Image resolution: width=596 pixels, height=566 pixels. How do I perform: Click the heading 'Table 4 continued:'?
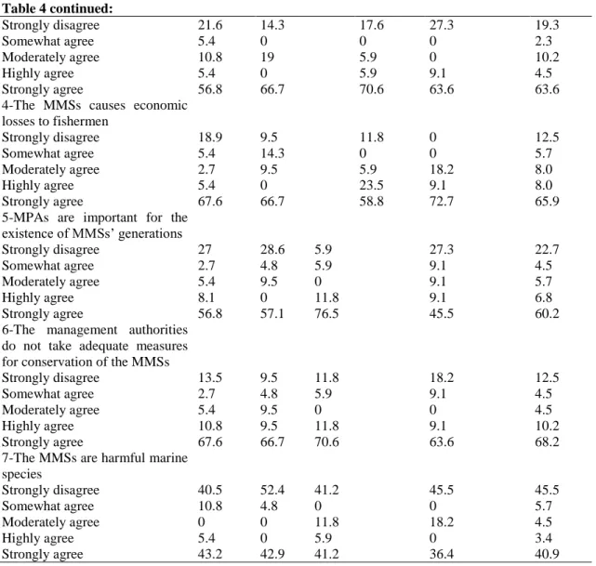tap(58, 8)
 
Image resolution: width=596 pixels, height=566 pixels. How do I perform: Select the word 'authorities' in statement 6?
tap(158, 330)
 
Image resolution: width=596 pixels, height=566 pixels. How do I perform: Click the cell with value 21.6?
tap(210, 25)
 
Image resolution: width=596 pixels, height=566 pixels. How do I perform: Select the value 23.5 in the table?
tap(371, 185)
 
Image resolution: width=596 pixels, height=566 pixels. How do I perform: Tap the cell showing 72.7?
tap(442, 202)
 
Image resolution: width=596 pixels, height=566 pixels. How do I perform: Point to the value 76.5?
tap(326, 314)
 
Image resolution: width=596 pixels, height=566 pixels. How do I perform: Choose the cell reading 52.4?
tap(272, 490)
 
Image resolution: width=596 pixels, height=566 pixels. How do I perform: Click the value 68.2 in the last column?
tap(547, 442)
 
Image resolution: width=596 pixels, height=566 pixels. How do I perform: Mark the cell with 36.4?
tap(442, 554)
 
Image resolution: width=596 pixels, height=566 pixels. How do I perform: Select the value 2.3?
tap(544, 41)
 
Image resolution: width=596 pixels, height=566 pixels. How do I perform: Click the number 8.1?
tap(206, 297)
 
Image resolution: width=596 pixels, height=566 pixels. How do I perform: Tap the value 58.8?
tap(371, 202)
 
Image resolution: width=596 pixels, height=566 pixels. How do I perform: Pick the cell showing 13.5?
tap(210, 378)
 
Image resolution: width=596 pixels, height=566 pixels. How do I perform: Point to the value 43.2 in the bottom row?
tap(210, 554)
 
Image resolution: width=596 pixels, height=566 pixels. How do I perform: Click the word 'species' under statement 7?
tap(21, 474)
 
